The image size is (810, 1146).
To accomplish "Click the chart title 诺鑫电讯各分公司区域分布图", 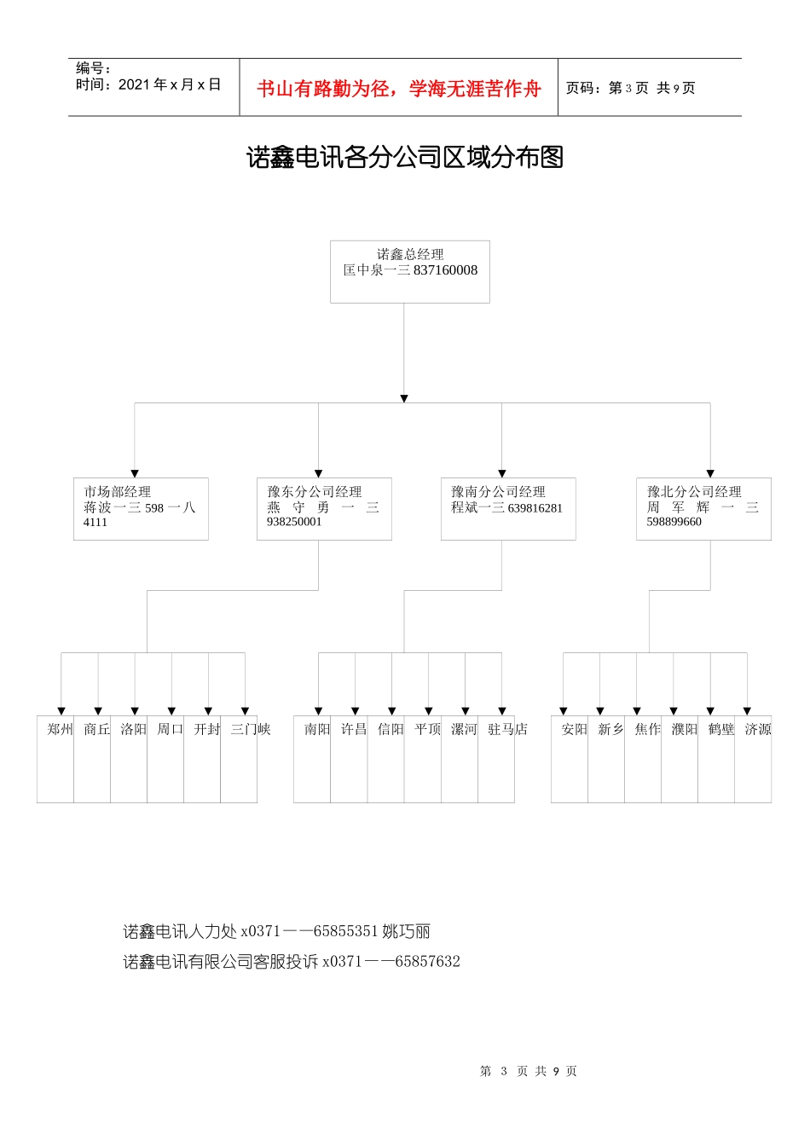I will (x=405, y=158).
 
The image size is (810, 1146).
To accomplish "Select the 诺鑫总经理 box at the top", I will (x=410, y=271).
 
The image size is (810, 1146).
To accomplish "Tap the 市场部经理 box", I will (x=141, y=508).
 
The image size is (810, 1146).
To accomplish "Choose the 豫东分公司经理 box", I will (x=324, y=508).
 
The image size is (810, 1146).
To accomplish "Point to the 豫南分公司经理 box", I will (x=508, y=508).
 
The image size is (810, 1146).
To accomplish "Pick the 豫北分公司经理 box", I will (x=703, y=508).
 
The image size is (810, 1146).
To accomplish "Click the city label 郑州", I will (x=60, y=730).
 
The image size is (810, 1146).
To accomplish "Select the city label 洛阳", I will (x=133, y=730).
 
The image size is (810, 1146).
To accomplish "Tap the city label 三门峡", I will (x=251, y=730).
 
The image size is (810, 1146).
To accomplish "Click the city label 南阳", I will (x=317, y=730).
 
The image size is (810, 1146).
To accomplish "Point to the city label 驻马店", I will (x=507, y=730).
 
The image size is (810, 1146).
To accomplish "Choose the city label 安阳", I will (x=574, y=730).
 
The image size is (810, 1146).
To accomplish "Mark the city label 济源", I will (x=757, y=730).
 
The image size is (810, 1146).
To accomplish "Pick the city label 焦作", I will (x=647, y=730).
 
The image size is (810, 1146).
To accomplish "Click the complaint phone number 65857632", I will (x=427, y=962).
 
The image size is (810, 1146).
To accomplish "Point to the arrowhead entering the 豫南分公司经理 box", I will (x=502, y=473).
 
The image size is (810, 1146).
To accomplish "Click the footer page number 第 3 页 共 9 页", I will (x=529, y=1071).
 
